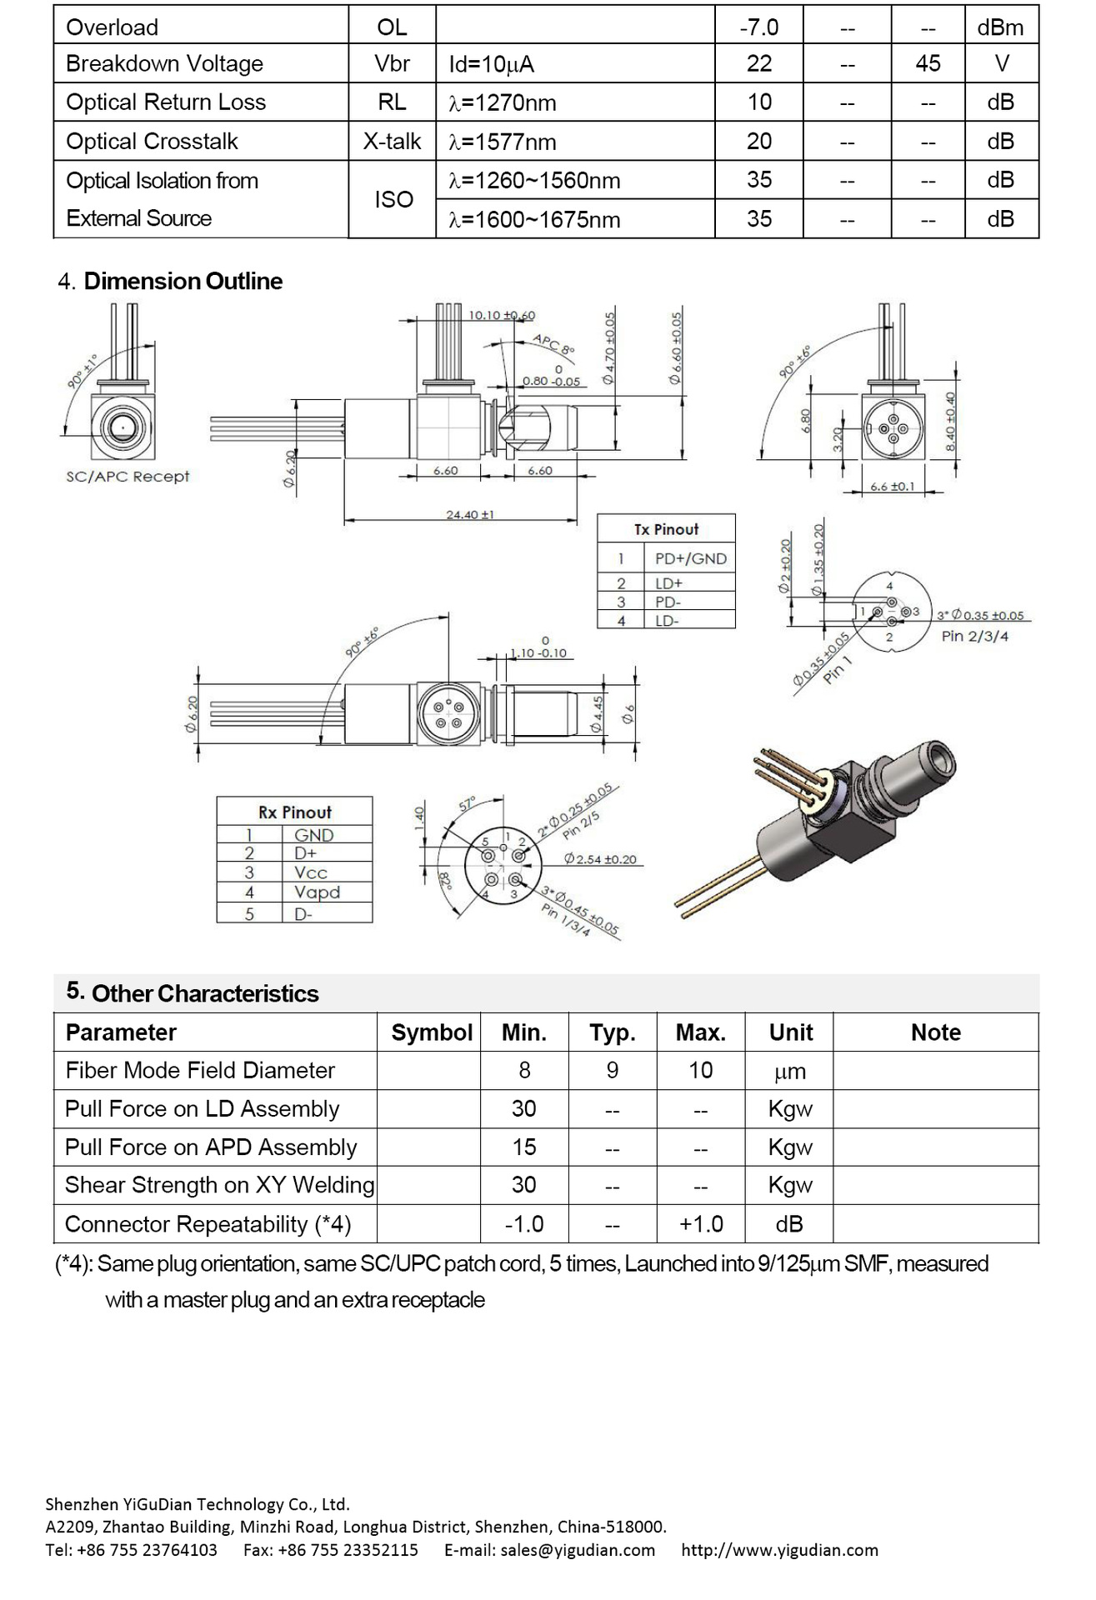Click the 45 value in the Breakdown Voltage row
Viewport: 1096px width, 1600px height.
(927, 63)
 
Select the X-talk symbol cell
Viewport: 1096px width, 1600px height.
(392, 141)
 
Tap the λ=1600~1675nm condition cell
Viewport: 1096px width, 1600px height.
(534, 219)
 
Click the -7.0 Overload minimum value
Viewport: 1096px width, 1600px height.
(758, 27)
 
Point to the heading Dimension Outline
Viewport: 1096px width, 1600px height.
(183, 281)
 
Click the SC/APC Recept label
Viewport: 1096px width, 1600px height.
(128, 477)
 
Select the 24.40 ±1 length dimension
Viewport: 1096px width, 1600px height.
(469, 514)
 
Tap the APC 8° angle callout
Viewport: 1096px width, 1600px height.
(553, 343)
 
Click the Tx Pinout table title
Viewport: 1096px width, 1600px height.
(666, 529)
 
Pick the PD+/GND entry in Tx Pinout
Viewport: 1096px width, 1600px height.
(690, 558)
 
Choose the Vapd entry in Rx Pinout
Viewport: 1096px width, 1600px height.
(317, 892)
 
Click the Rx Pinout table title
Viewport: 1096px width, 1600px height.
(294, 812)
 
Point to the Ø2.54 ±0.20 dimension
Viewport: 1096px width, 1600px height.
(599, 858)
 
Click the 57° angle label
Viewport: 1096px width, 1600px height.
(467, 804)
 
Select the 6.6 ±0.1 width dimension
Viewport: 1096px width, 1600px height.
(892, 486)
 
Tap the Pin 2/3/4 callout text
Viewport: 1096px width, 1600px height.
(974, 636)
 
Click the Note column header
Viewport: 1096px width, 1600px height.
(935, 1032)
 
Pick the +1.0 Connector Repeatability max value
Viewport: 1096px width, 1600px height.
(700, 1223)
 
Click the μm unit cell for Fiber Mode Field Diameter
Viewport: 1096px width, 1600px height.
(789, 1071)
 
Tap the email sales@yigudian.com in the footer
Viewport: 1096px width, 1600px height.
(549, 1550)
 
